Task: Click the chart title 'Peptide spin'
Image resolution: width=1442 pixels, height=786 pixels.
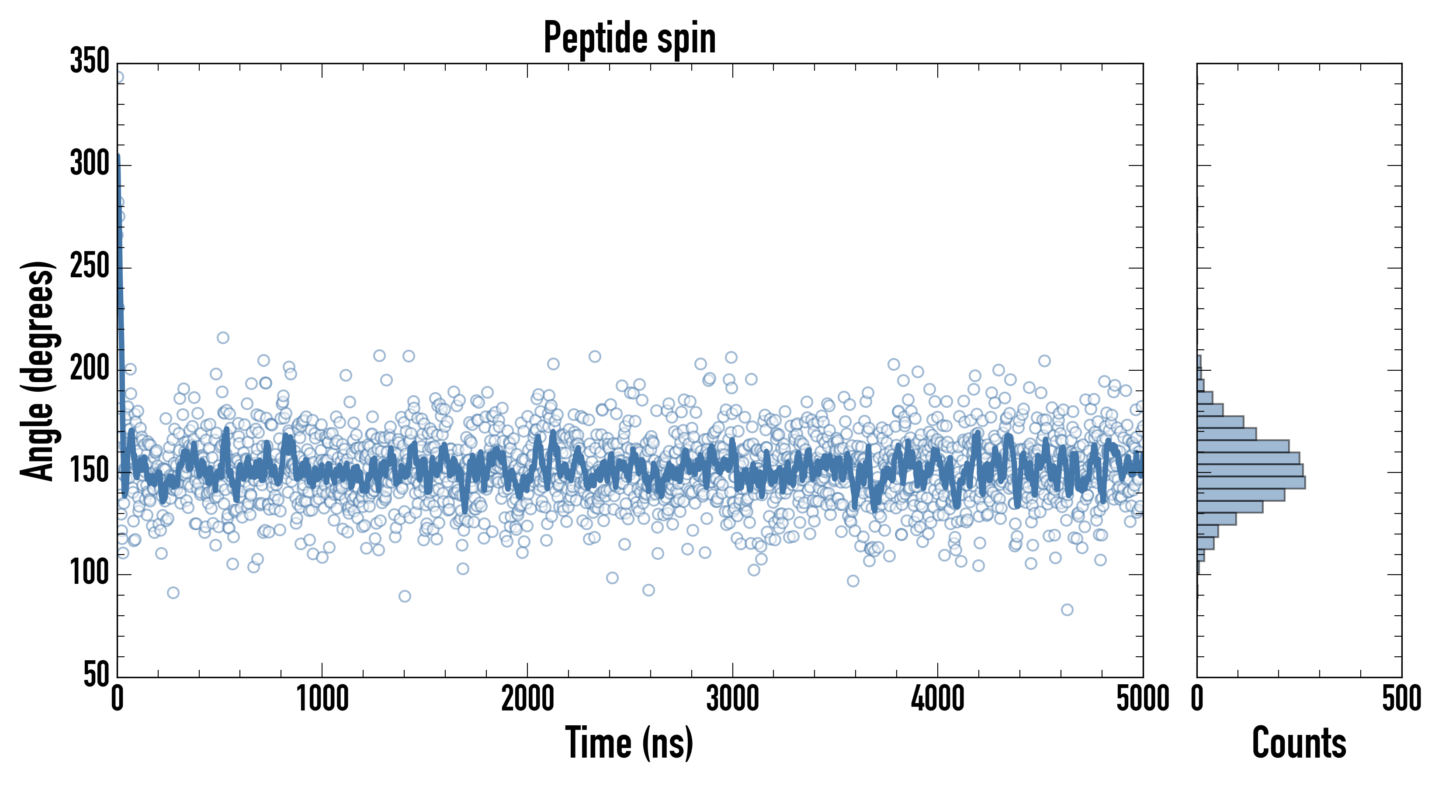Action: pos(630,38)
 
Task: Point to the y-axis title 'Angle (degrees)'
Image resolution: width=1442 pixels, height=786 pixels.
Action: pos(38,370)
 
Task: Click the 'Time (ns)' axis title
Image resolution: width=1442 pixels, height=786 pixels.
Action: pos(630,743)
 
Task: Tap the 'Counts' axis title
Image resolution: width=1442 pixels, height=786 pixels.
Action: pos(1299,743)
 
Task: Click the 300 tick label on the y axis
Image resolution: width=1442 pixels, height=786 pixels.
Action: pos(90,165)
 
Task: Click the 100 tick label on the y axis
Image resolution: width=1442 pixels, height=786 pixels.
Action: pos(90,573)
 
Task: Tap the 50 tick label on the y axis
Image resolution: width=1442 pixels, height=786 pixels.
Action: pos(96,675)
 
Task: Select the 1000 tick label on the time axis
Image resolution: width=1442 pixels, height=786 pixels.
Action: pos(322,699)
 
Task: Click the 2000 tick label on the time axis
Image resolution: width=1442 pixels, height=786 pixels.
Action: pos(527,699)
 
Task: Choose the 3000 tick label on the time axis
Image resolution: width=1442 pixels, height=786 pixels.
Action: pos(732,699)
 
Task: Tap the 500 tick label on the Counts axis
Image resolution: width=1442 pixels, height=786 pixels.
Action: pos(1401,699)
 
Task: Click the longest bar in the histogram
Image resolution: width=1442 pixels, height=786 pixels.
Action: pos(1251,482)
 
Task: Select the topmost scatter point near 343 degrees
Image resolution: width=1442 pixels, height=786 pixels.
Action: pos(119,77)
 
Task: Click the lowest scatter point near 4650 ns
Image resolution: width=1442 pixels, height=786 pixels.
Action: pos(1067,610)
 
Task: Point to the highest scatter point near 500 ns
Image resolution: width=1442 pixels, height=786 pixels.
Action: pos(223,338)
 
